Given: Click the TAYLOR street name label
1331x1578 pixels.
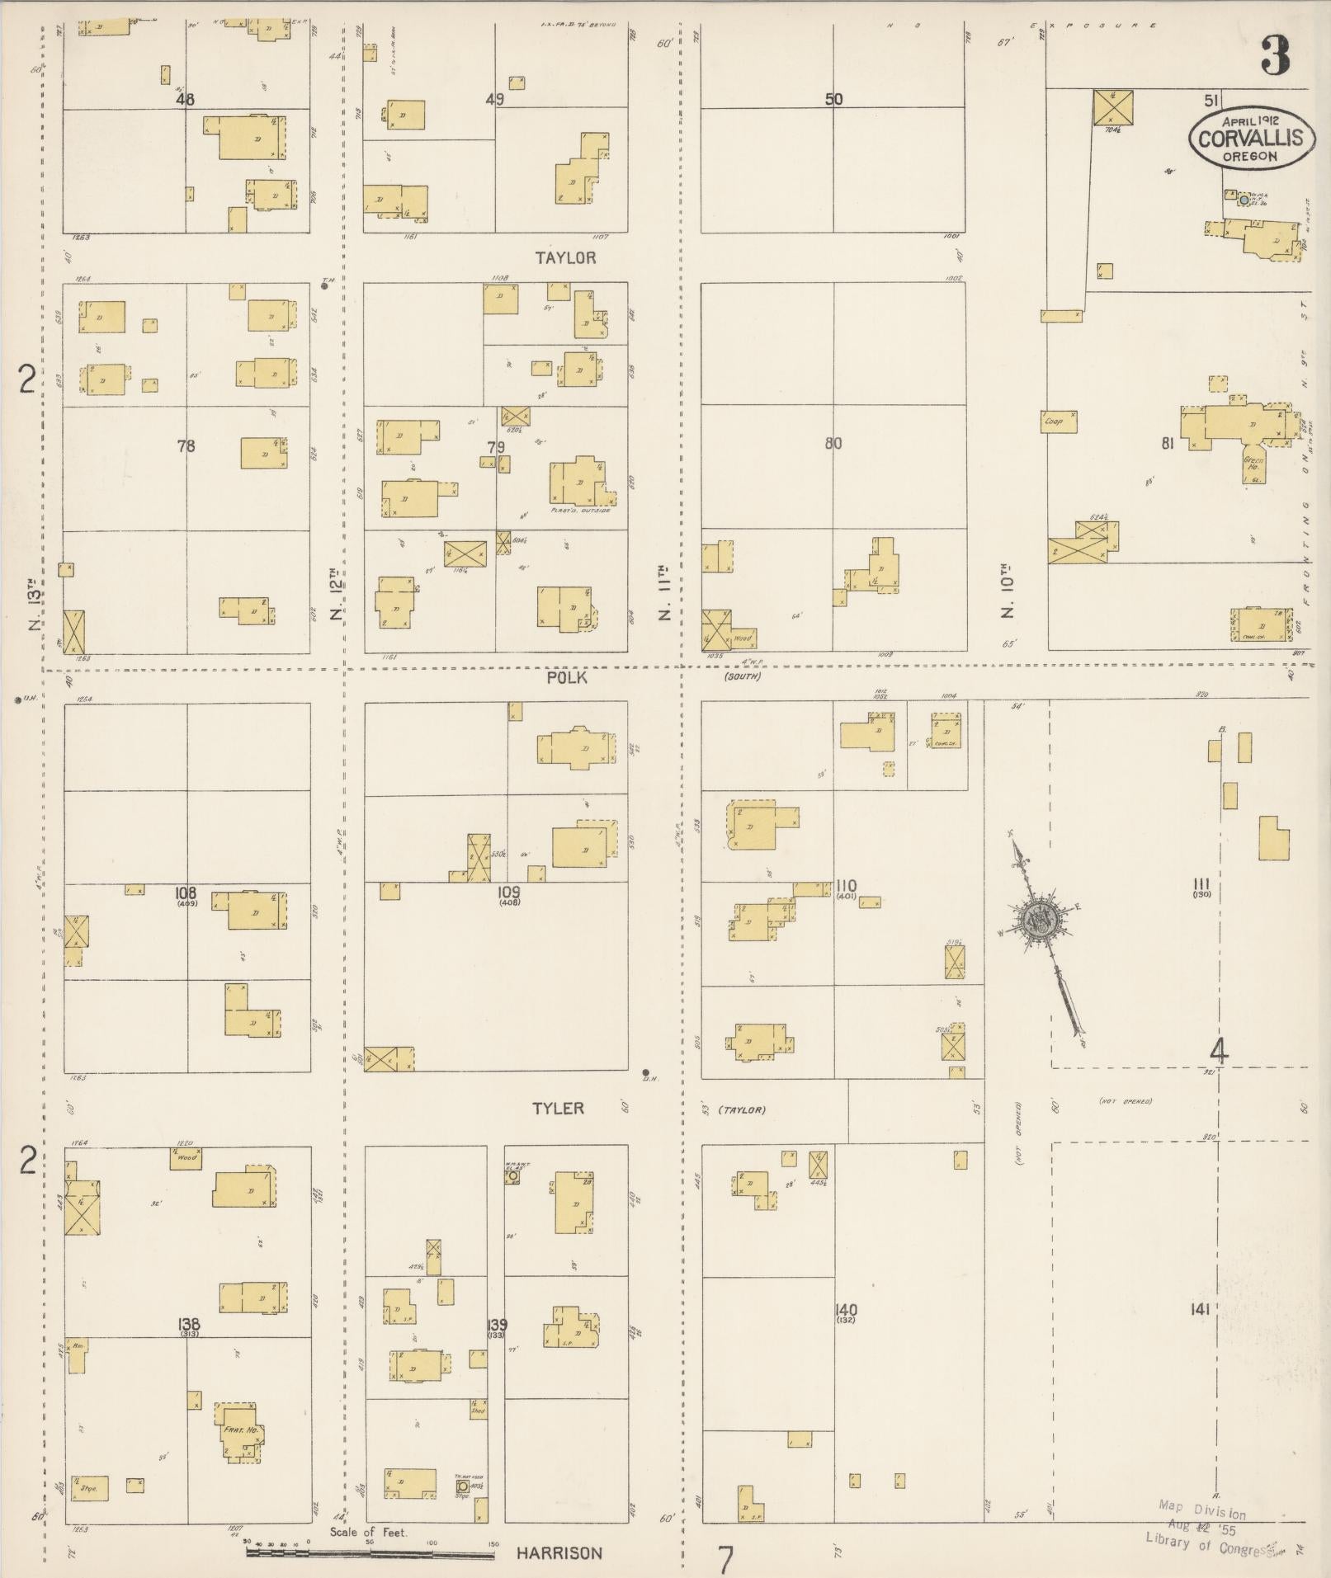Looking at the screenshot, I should [565, 258].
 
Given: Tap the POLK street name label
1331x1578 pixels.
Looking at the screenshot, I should [566, 677].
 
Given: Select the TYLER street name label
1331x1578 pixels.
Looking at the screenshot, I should [558, 1109].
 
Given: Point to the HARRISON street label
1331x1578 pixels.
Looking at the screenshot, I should [559, 1553].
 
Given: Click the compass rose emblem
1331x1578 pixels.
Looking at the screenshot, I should [1036, 919].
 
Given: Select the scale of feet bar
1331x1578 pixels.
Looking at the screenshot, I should [371, 1554].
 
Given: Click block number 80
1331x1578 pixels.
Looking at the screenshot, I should [833, 444].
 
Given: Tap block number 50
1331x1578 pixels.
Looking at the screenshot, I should [833, 100].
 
